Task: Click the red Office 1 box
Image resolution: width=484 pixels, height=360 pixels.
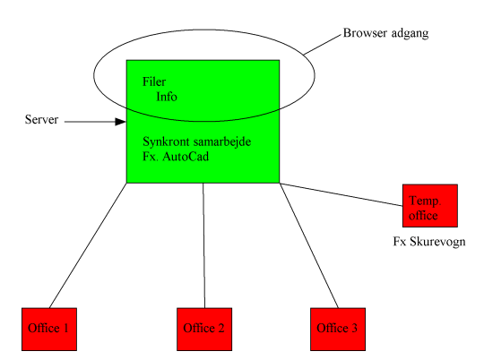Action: click(49, 330)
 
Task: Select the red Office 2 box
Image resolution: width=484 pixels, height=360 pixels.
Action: click(204, 330)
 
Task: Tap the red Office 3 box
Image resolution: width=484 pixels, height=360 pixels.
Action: click(338, 330)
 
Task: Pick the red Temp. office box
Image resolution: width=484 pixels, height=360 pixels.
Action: click(430, 206)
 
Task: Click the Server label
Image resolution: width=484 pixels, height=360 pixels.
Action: click(41, 119)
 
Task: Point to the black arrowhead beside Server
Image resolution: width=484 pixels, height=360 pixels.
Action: click(120, 122)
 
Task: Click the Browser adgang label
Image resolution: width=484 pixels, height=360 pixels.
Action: click(385, 33)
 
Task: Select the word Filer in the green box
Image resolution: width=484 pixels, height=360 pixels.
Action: click(154, 81)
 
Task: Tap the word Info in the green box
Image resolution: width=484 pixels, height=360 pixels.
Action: click(167, 97)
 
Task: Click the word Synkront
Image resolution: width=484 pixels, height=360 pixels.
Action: click(166, 141)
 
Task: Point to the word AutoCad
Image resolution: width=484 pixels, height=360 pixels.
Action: click(186, 157)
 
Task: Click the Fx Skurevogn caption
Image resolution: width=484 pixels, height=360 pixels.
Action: click(429, 242)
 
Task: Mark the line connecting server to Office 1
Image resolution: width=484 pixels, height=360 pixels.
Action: click(88, 245)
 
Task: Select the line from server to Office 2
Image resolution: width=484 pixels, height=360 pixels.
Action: click(203, 245)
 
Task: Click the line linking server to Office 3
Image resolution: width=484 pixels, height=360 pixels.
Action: click(309, 245)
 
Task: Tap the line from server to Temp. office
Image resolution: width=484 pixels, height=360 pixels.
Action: click(341, 194)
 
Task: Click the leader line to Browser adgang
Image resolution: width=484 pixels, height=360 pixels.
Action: click(324, 45)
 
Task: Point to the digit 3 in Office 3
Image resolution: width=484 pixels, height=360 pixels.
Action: click(354, 328)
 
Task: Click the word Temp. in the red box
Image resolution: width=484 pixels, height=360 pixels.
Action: click(425, 201)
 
